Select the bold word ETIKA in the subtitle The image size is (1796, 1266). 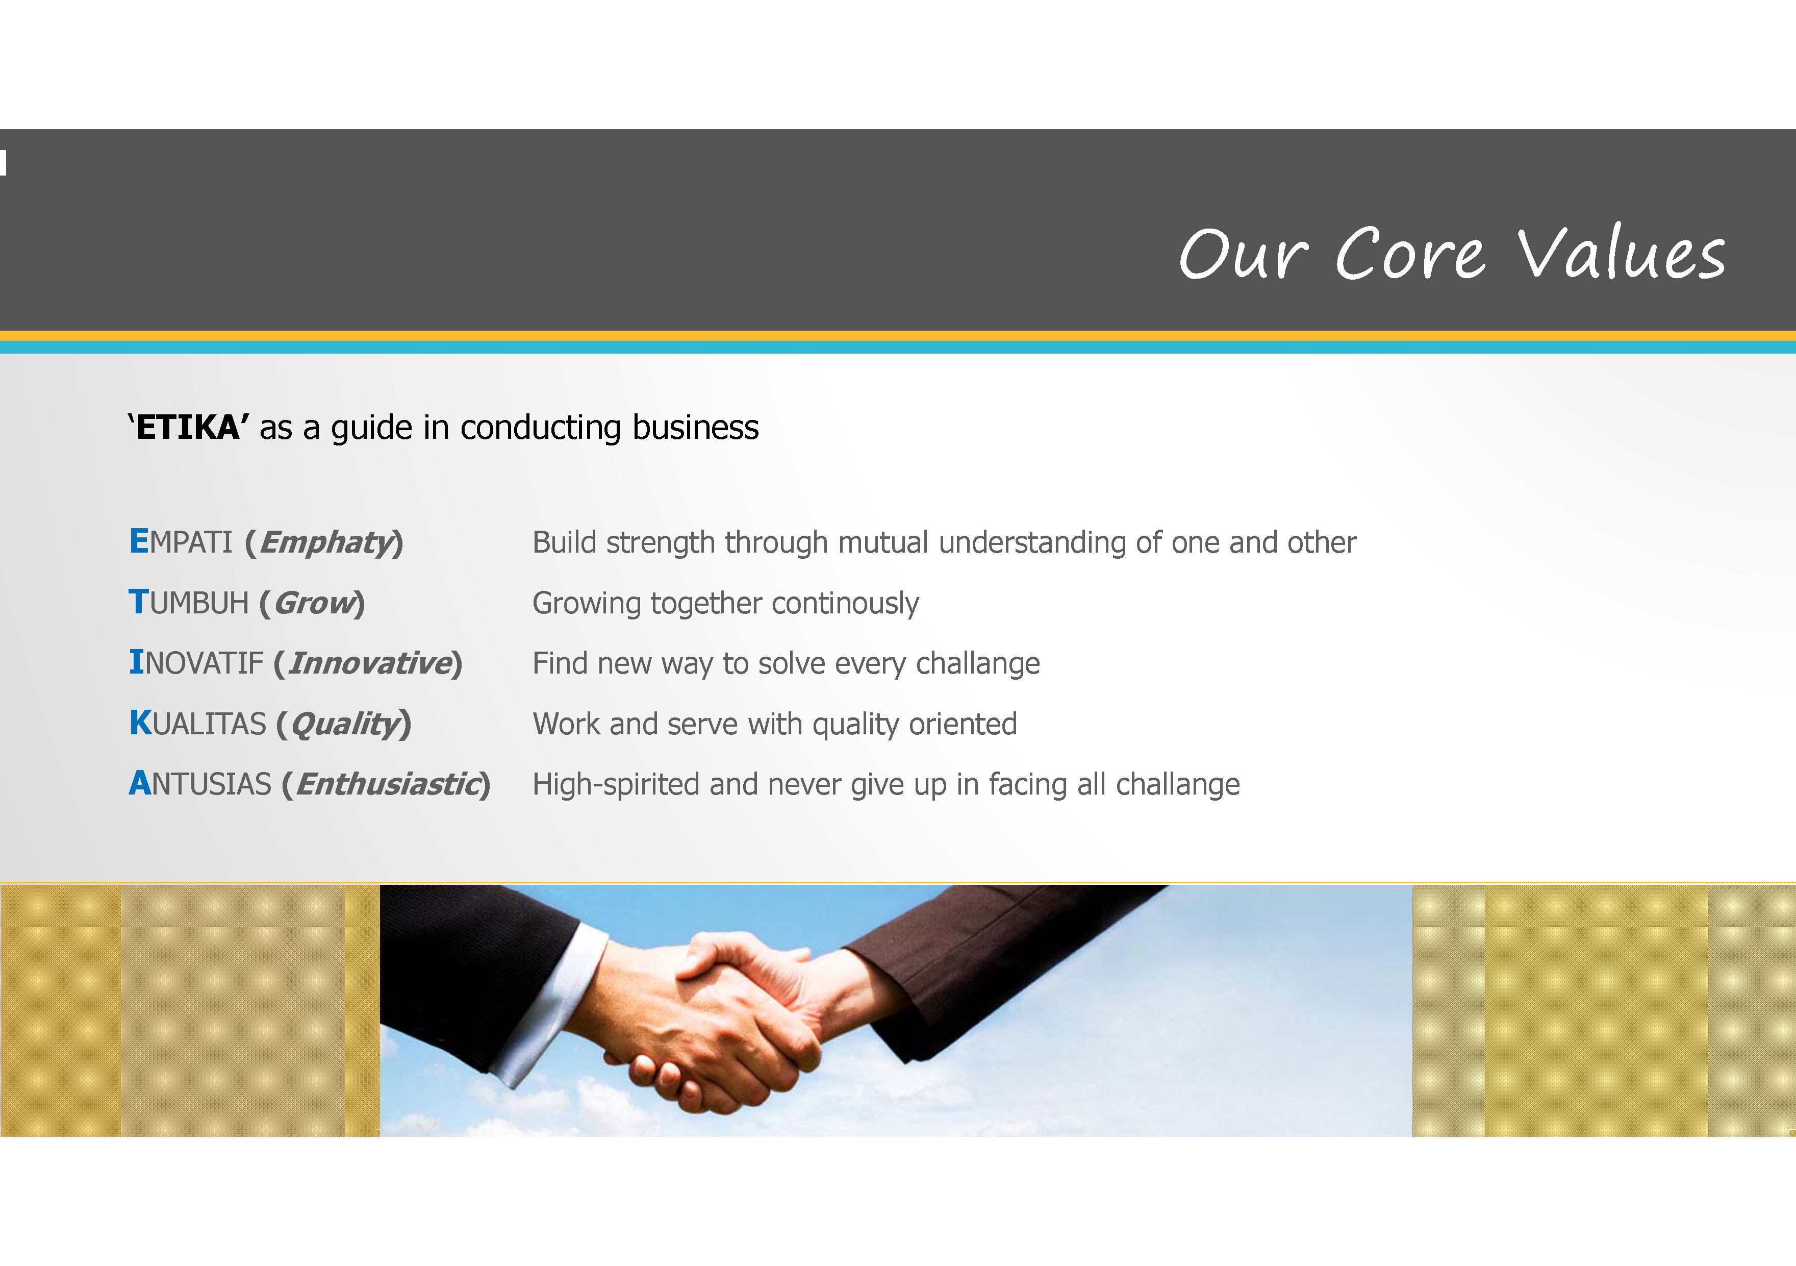click(188, 427)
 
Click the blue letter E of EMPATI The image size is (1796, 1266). click(138, 541)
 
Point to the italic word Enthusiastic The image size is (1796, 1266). click(389, 784)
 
